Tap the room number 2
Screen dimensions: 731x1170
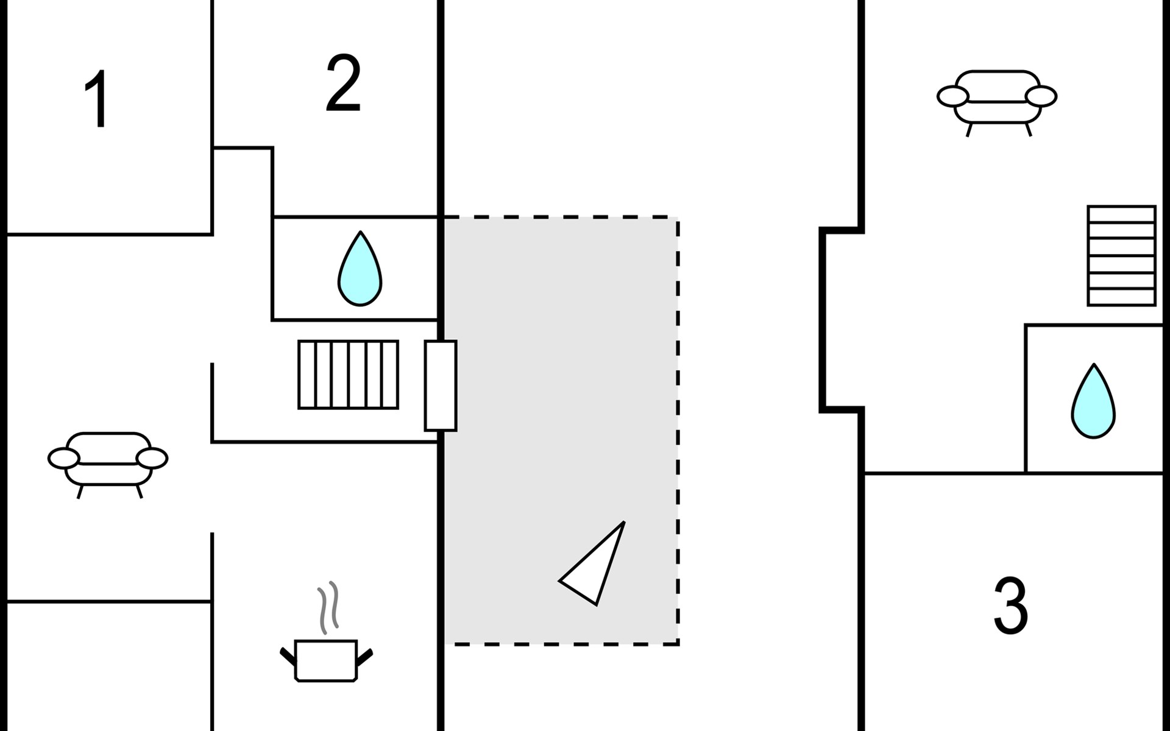(343, 83)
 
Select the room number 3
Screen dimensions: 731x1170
(1010, 606)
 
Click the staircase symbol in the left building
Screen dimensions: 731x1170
(348, 374)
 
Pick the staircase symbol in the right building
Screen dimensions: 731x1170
(1121, 256)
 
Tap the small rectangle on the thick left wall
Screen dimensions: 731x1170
(441, 386)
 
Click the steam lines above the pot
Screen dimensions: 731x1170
(328, 607)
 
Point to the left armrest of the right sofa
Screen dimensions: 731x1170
(952, 96)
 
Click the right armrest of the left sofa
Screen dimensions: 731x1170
(152, 458)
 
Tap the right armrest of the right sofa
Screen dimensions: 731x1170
(1041, 96)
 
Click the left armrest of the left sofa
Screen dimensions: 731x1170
(64, 458)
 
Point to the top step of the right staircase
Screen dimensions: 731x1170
(1121, 214)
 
